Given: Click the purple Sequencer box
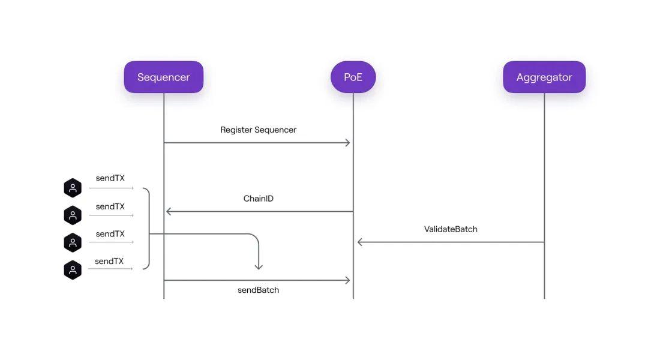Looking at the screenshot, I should click(163, 77).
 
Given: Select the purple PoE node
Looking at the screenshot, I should click(353, 77).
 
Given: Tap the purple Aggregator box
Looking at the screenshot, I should click(544, 77).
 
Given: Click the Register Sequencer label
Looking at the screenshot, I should click(258, 130).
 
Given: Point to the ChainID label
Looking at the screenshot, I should click(259, 199).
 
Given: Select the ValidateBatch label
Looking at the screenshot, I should click(451, 229).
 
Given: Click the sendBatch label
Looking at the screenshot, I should click(258, 290).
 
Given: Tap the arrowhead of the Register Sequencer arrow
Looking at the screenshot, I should click(347, 143).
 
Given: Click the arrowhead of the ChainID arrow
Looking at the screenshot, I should click(169, 211).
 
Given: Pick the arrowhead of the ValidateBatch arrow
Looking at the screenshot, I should click(360, 242).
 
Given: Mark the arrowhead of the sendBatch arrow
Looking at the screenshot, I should click(347, 280).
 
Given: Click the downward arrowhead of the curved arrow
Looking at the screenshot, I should click(259, 266).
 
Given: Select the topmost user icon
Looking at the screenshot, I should click(73, 188).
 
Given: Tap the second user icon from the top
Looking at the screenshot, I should click(73, 215).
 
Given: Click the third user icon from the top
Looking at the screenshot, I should click(73, 242).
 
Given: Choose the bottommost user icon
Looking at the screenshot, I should click(73, 269).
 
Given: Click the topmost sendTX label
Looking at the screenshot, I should click(110, 178).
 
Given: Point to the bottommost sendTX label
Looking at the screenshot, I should click(109, 262).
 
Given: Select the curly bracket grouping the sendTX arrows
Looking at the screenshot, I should click(146, 229).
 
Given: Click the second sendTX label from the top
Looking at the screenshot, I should click(110, 207).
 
